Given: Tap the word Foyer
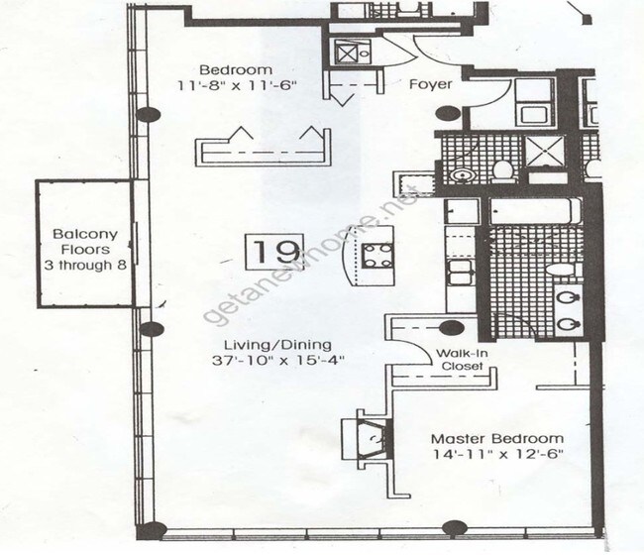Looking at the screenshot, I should [x=431, y=85].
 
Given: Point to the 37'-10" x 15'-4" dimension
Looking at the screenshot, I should [x=283, y=361].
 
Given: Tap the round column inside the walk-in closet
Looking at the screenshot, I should [x=451, y=329].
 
